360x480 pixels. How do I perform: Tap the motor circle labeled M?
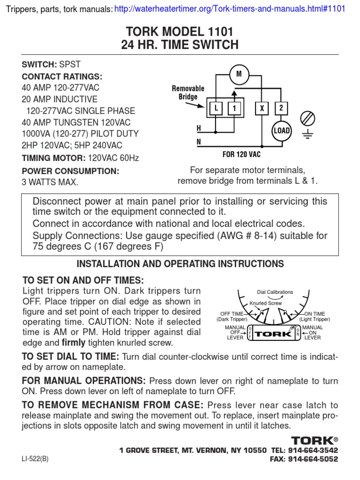click(239, 74)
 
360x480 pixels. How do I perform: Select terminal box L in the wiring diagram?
click(216, 109)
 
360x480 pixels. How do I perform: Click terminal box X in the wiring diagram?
click(262, 109)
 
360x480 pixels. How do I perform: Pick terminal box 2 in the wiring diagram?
click(281, 109)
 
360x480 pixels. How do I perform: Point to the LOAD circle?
click(281, 130)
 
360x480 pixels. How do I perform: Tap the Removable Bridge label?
click(188, 93)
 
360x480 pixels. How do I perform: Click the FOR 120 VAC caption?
click(241, 153)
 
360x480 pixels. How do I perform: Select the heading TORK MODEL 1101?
click(180, 32)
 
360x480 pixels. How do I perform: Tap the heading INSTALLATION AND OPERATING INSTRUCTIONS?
click(180, 264)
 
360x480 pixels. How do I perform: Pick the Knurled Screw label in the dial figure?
click(266, 303)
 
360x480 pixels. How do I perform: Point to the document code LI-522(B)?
click(35, 459)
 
